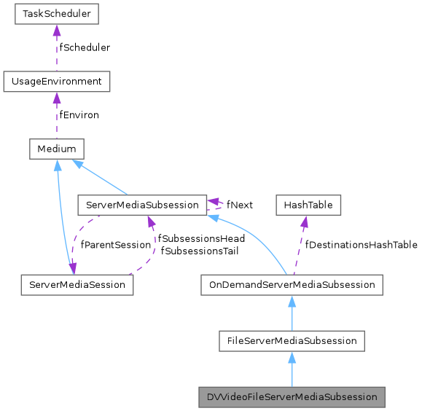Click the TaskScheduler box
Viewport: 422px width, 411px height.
(x=57, y=13)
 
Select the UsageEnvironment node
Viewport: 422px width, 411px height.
(x=57, y=81)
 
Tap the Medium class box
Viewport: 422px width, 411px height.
(x=57, y=149)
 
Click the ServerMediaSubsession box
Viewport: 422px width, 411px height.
(x=141, y=205)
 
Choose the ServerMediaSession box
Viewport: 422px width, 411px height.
(x=77, y=284)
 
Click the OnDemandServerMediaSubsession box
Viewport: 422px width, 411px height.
(x=292, y=284)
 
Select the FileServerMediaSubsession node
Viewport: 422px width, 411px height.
(x=292, y=340)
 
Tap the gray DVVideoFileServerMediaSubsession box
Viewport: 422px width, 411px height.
(x=292, y=397)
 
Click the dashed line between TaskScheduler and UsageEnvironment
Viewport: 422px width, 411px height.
(x=57, y=51)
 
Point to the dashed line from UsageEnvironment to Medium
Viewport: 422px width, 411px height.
(x=57, y=120)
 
